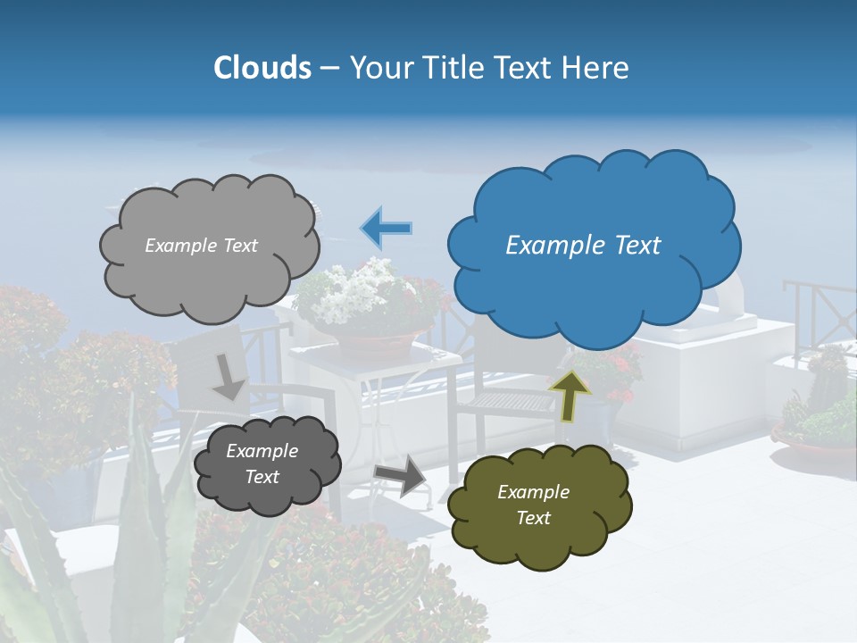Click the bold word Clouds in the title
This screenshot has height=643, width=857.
262,68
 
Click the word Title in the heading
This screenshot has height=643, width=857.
453,68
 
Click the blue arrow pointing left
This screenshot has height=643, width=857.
386,229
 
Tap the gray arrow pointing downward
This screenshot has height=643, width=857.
229,377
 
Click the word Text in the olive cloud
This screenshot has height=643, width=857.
533,518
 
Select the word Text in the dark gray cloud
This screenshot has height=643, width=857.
262,477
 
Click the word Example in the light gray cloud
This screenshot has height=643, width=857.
179,246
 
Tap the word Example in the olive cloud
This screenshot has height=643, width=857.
533,492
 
